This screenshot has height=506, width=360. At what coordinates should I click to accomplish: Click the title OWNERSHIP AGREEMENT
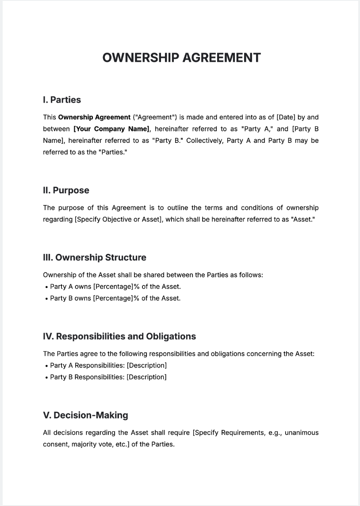181,57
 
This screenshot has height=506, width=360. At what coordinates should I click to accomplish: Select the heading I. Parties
62,100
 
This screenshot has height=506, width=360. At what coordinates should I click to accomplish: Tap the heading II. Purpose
66,191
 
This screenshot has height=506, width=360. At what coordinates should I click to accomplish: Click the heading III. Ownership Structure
94,257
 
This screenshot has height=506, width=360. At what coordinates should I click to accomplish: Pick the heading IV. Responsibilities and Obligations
119,337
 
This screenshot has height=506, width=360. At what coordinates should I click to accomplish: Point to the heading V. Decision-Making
85,415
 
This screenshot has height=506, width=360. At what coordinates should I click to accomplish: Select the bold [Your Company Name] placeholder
111,129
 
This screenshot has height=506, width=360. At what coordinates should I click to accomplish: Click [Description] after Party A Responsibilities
146,365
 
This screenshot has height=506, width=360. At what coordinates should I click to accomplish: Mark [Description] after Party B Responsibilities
146,377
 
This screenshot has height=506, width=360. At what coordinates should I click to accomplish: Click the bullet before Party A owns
46,287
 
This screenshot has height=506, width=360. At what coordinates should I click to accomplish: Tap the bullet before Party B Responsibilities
46,377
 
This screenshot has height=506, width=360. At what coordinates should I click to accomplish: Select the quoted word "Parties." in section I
113,152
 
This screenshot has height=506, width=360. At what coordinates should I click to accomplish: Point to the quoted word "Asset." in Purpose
303,219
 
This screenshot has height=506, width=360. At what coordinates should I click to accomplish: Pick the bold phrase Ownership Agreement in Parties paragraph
94,117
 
